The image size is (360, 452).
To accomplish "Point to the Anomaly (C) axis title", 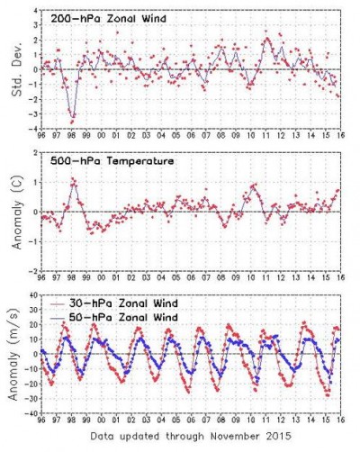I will [13, 212].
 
